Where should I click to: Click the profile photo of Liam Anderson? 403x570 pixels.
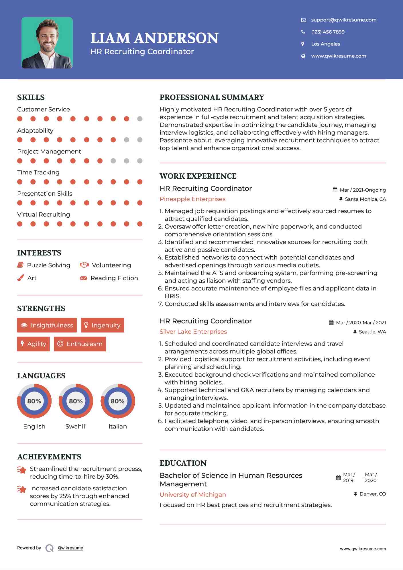pyautogui.click(x=47, y=43)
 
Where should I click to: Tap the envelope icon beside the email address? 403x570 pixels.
pyautogui.click(x=304, y=20)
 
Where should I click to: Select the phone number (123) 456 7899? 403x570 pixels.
pyautogui.click(x=328, y=32)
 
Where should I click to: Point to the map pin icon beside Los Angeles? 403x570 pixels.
pyautogui.click(x=303, y=44)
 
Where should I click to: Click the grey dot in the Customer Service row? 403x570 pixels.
pyautogui.click(x=140, y=119)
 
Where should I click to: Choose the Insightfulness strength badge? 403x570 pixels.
pyautogui.click(x=47, y=325)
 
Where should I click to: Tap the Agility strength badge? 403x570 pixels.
pyautogui.click(x=33, y=344)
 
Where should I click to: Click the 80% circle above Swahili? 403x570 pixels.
pyautogui.click(x=76, y=401)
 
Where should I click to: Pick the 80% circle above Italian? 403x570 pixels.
pyautogui.click(x=118, y=401)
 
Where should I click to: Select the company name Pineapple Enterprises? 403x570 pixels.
pyautogui.click(x=192, y=199)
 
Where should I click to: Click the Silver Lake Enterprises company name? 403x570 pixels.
pyautogui.click(x=193, y=332)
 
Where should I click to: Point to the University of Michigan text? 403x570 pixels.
pyautogui.click(x=193, y=495)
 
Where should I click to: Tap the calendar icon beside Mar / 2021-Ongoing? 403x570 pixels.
pyautogui.click(x=335, y=190)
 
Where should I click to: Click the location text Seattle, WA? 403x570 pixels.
pyautogui.click(x=372, y=332)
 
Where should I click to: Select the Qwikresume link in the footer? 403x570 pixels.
pyautogui.click(x=70, y=548)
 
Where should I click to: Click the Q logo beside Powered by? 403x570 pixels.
pyautogui.click(x=50, y=548)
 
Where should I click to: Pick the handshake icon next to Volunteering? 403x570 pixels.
pyautogui.click(x=84, y=265)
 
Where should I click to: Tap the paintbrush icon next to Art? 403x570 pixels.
pyautogui.click(x=21, y=278)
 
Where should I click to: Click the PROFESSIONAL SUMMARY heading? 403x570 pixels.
pyautogui.click(x=212, y=97)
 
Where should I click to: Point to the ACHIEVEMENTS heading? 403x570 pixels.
pyautogui.click(x=49, y=457)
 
